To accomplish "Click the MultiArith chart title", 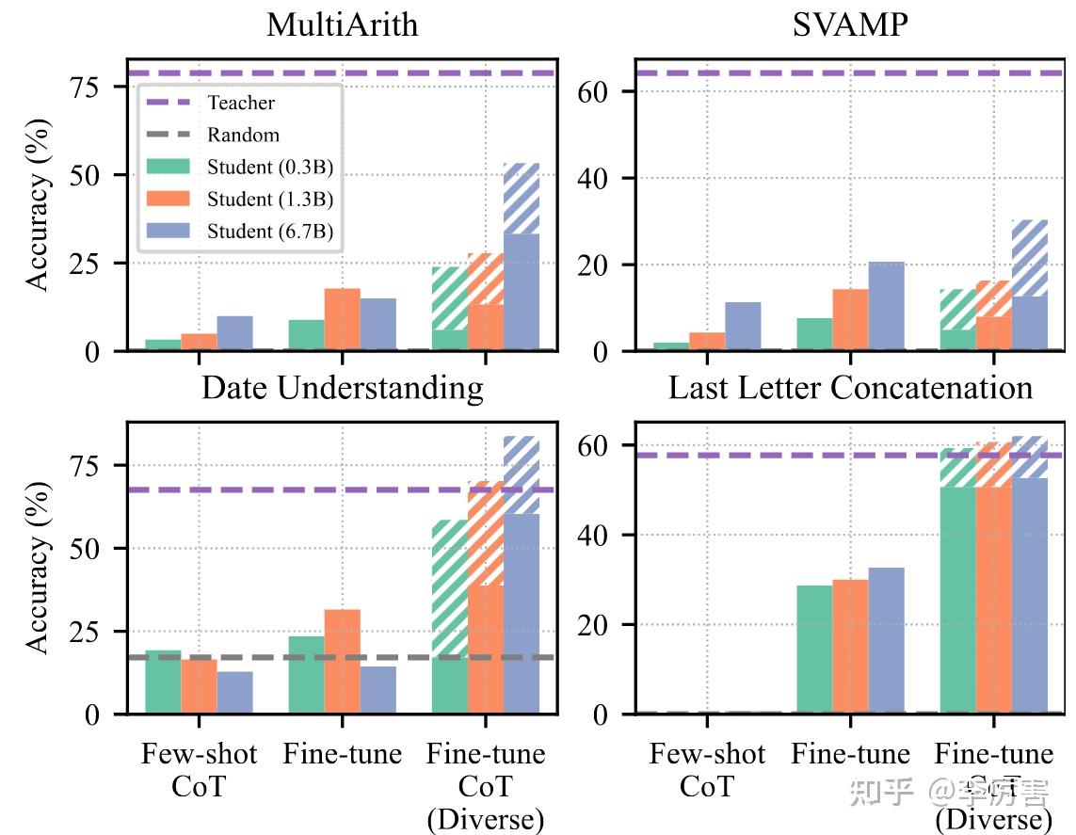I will [342, 24].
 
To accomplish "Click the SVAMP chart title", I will [849, 24].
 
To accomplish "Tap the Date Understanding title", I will [342, 388].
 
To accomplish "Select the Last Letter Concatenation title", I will [850, 388].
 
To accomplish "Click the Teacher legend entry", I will [241, 103].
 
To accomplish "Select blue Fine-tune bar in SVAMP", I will [886, 306].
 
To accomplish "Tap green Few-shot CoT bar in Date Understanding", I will [163, 682].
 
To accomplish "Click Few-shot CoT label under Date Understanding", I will [199, 770].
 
